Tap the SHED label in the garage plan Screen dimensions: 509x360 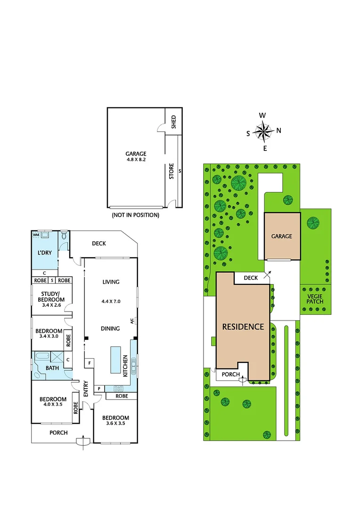173,122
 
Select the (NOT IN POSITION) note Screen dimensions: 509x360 135,215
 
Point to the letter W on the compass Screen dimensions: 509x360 262,115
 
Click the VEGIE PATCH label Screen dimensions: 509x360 313,299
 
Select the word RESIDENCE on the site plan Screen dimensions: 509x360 243,326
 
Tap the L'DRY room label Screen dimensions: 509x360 44,253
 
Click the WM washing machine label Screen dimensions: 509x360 35,234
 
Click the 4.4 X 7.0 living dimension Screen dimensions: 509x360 111,301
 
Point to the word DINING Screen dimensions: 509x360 111,328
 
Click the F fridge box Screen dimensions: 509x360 89,363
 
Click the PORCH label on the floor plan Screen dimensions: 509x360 58,433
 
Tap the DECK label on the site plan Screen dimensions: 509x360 251,278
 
